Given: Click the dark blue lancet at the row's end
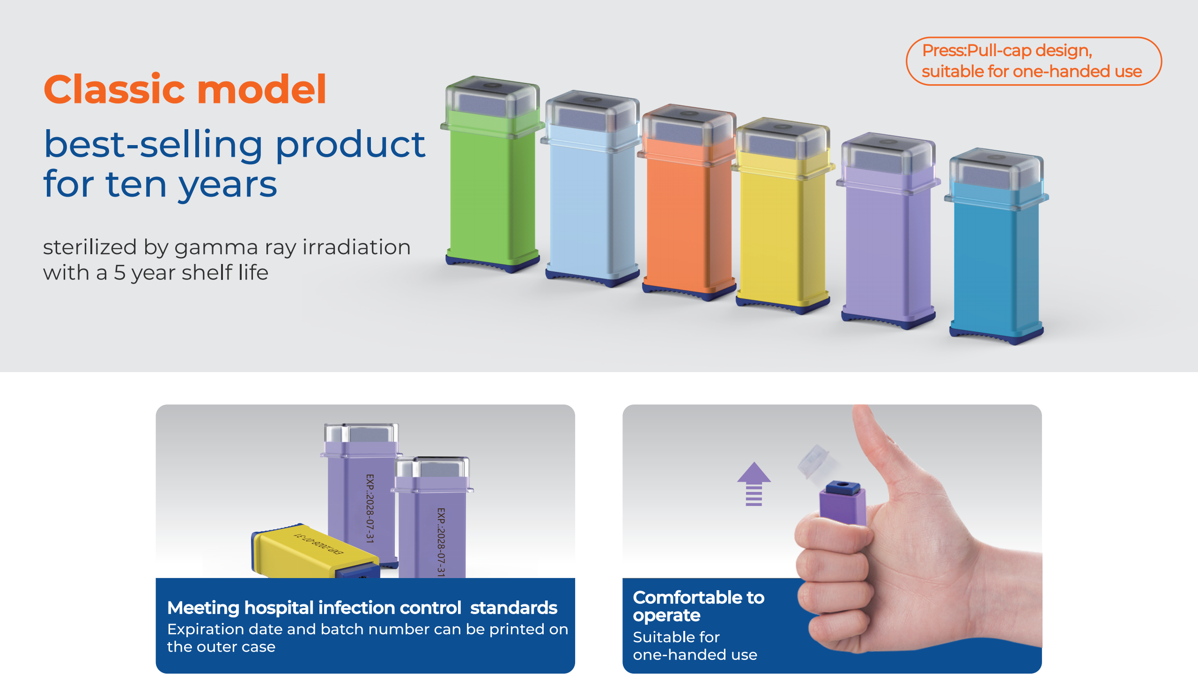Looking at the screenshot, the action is click(x=996, y=246).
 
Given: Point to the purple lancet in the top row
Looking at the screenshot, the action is click(x=888, y=231).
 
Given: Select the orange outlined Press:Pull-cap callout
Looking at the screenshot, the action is click(x=1034, y=61).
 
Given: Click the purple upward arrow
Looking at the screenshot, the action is click(x=754, y=484).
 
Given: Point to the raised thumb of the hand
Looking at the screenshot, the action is click(x=880, y=456).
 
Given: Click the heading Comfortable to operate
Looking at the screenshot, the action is click(x=698, y=606).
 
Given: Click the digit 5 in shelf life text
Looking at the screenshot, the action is click(x=119, y=273).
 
